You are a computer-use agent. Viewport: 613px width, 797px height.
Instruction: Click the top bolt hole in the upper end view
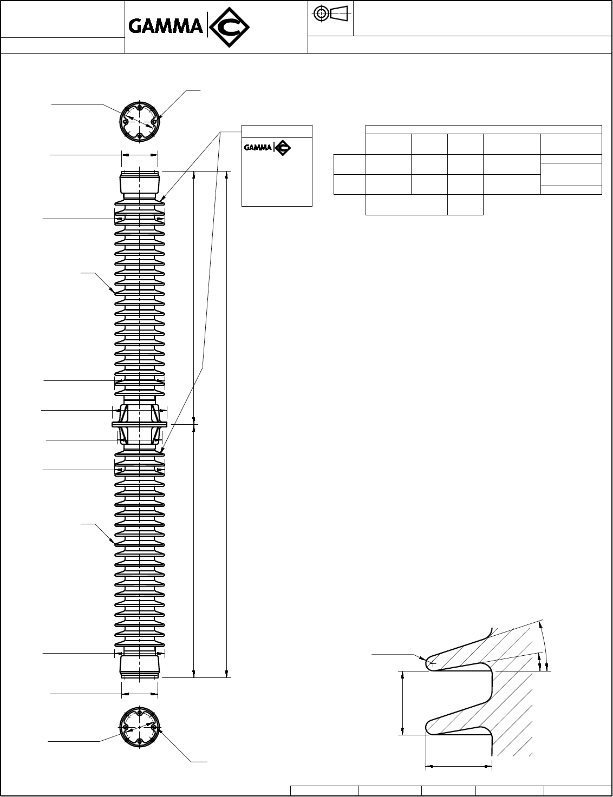[x=140, y=107]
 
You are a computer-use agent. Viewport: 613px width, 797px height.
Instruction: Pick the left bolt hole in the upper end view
[x=125, y=121]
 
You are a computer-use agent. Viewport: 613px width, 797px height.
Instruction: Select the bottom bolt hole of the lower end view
[x=140, y=741]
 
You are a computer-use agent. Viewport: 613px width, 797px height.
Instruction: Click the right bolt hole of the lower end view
[x=154, y=727]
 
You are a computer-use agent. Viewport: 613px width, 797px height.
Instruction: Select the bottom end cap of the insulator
[x=140, y=667]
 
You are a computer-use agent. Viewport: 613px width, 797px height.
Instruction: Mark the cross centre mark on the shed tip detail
[x=432, y=663]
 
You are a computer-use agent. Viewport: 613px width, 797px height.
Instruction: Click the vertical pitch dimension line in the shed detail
[x=403, y=703]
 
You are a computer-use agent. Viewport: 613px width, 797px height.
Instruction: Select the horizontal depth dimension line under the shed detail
[x=459, y=766]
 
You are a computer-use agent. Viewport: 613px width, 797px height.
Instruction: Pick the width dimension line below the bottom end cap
[x=140, y=693]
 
